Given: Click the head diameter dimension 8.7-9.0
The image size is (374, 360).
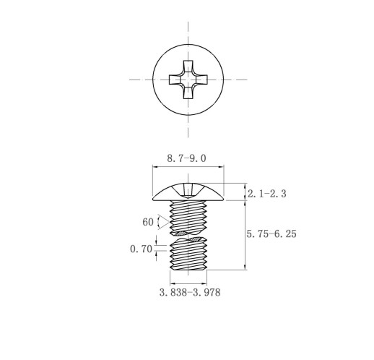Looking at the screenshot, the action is point(186,158).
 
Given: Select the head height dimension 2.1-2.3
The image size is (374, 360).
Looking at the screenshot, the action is point(267,194).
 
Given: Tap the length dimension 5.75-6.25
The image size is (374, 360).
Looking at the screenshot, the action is point(271,233).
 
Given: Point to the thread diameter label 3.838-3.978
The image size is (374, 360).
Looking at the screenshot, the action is point(190,293).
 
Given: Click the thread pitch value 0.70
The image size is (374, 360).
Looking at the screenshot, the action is point(141,249).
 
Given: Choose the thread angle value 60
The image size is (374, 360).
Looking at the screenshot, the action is point(148,222).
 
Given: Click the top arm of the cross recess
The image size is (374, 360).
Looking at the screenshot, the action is point(188,67).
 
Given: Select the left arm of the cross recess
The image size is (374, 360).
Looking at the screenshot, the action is point(175,80).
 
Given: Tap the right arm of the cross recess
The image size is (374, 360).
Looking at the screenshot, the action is point(201,80).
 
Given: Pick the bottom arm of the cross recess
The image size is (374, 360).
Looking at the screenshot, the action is point(188,93).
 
